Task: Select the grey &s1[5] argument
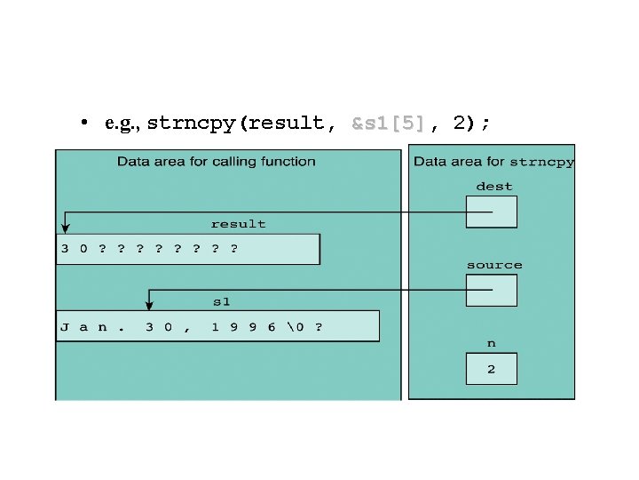click(389, 124)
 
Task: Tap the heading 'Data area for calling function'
click(217, 162)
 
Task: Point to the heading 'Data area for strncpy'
click(493, 162)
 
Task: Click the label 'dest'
click(493, 187)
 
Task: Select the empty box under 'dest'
click(492, 212)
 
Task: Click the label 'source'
click(493, 265)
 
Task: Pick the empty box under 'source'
click(492, 290)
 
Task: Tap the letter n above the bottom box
click(492, 342)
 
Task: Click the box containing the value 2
click(492, 369)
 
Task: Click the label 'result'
click(238, 224)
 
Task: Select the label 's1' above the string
click(221, 302)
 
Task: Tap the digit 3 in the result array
click(64, 249)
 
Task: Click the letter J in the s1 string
click(64, 326)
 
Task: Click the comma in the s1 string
click(185, 328)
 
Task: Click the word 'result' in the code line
click(287, 124)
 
